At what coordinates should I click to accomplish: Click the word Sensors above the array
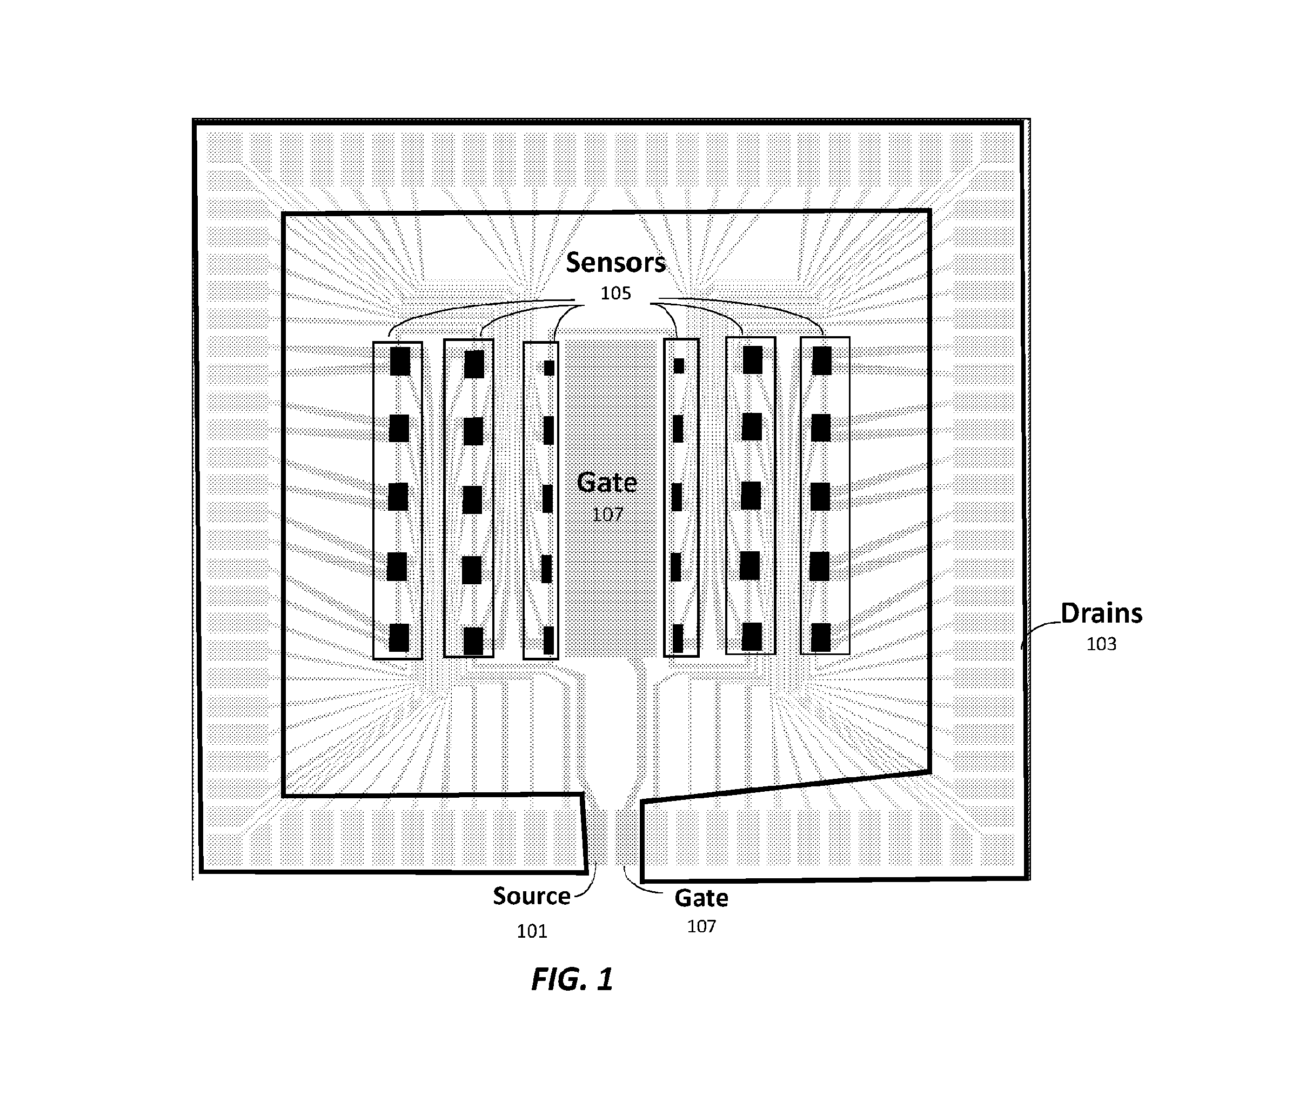coord(616,262)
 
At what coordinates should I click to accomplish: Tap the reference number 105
coord(616,293)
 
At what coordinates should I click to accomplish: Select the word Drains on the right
coord(1101,613)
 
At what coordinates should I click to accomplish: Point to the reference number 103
coord(1101,644)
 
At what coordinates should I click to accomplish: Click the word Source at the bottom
coord(532,897)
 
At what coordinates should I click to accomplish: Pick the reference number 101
coord(532,931)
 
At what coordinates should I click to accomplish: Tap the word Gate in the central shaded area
coord(607,482)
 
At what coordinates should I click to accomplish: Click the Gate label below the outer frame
coord(701,898)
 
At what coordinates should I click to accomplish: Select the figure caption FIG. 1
coord(572,979)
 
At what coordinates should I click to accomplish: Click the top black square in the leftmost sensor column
coord(400,361)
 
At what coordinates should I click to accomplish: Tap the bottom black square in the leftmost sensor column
coord(399,638)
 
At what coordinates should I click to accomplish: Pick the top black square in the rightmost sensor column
coord(821,361)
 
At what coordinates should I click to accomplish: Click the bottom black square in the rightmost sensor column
coord(821,637)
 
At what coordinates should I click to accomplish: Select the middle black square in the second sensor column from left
coord(472,500)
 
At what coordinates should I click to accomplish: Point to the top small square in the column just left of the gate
coord(549,368)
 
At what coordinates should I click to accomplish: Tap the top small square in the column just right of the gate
coord(679,366)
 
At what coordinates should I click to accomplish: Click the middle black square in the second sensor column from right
coord(751,496)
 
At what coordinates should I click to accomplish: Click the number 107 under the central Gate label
coord(607,515)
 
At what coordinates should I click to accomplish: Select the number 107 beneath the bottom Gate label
coord(701,926)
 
